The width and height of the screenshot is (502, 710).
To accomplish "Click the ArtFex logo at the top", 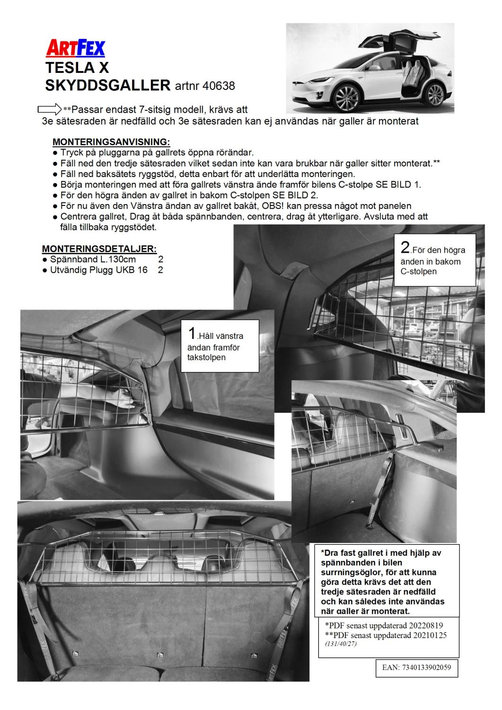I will [75, 48].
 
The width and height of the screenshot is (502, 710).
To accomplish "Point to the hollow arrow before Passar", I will [49, 109].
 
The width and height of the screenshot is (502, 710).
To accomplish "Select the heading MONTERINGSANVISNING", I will [111, 142].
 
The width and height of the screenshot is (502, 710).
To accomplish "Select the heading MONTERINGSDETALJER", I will [99, 248].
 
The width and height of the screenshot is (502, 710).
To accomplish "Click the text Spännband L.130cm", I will [93, 259].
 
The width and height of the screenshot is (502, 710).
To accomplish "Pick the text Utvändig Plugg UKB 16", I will [98, 270].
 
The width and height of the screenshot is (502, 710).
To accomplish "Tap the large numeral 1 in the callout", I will [192, 333].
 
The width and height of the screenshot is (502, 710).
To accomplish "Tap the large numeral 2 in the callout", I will [405, 248].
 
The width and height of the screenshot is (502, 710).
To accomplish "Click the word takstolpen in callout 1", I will [206, 357].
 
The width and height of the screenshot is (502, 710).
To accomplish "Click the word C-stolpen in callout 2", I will [418, 272].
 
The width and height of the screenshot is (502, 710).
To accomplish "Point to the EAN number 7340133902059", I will [426, 667].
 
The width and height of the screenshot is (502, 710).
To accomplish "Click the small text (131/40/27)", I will [341, 644].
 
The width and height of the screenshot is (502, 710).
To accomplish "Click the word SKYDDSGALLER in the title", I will [107, 85].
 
